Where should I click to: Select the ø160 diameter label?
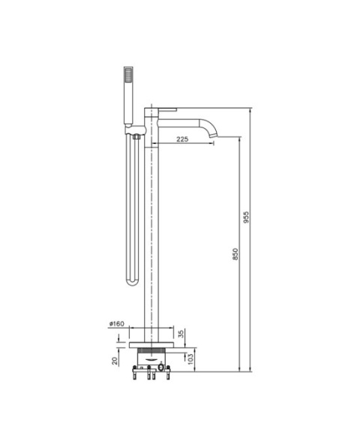click(116, 324)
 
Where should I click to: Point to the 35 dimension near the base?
click(181, 333)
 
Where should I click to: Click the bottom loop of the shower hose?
click(133, 282)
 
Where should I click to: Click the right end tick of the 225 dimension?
click(214, 144)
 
